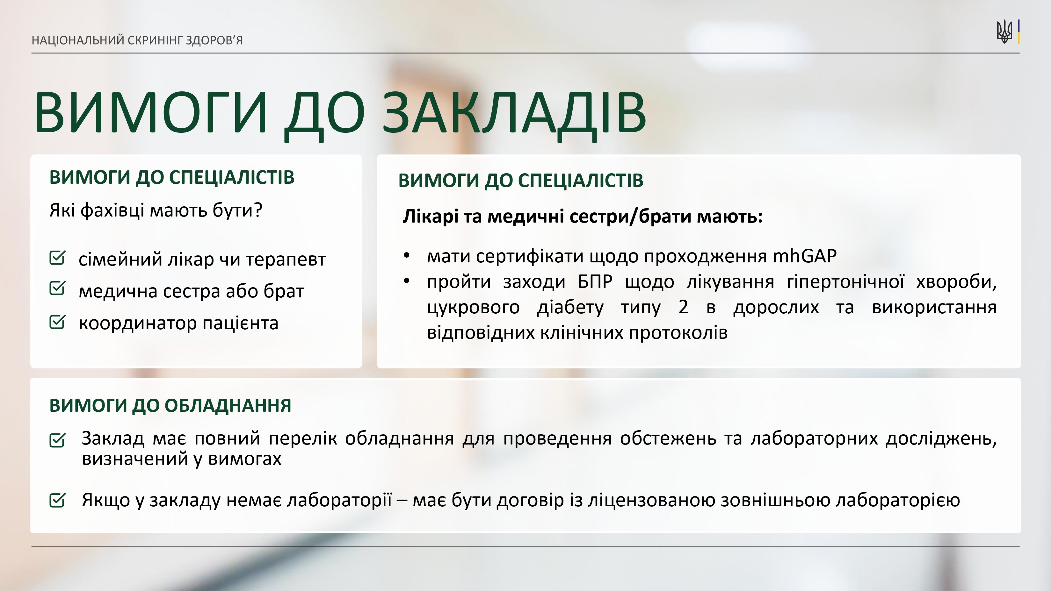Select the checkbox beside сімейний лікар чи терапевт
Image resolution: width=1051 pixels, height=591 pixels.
coord(57,258)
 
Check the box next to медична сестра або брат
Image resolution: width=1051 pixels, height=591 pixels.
coord(57,288)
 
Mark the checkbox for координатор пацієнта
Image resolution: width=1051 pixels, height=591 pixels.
coord(57,321)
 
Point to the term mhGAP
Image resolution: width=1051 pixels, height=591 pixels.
coord(805,256)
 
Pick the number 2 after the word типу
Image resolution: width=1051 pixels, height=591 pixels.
coord(683,307)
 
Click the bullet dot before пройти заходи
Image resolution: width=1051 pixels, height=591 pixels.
coord(406,281)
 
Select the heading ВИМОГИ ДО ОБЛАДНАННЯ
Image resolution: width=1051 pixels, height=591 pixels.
coord(170,406)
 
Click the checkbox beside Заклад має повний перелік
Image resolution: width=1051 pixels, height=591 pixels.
coord(57,440)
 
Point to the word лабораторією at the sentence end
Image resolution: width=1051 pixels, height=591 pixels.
coord(898,501)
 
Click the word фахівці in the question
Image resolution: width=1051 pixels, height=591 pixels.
coord(112,210)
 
